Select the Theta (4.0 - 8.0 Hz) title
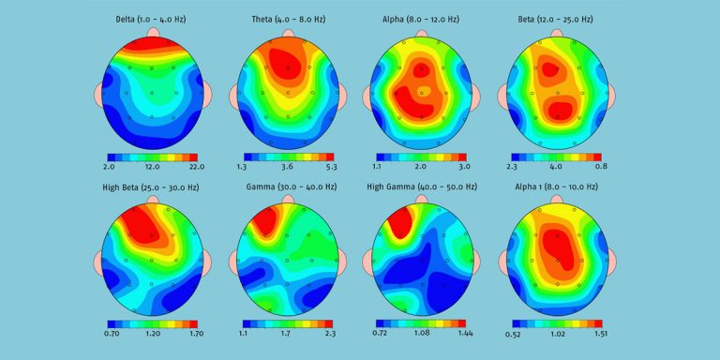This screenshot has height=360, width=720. (x=287, y=18)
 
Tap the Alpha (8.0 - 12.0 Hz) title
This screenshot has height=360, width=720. (x=421, y=18)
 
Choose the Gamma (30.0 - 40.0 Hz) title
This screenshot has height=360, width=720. (x=287, y=187)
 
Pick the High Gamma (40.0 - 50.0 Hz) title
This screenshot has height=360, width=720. (x=421, y=187)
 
